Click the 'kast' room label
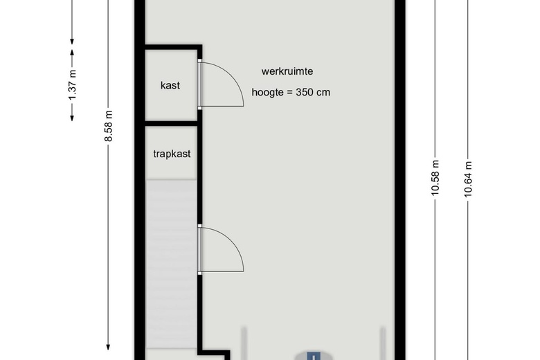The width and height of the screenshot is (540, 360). tap(170, 85)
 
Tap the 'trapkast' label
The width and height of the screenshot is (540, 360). tap(172, 154)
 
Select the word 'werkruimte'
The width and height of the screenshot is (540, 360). tap(287, 71)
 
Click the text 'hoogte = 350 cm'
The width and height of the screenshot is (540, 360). tap(291, 92)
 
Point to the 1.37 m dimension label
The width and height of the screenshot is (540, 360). tap(72, 85)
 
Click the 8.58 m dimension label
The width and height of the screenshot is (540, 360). tap(108, 126)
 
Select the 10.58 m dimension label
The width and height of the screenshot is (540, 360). tap(435, 178)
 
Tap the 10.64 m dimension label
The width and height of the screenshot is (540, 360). tap(468, 179)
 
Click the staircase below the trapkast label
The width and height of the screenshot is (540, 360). tap(171, 264)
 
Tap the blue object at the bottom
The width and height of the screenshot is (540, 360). tap(314, 356)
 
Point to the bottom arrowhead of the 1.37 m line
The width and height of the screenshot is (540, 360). tap(72, 118)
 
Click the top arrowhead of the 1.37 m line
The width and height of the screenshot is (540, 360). tap(72, 53)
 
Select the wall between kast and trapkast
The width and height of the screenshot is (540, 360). tap(171, 123)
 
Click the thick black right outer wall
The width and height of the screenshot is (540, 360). tap(400, 180)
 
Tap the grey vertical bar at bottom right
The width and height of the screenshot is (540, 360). tap(382, 343)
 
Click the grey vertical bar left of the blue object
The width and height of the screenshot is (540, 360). tap(244, 343)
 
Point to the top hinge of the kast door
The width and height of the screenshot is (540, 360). tap(200, 61)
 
